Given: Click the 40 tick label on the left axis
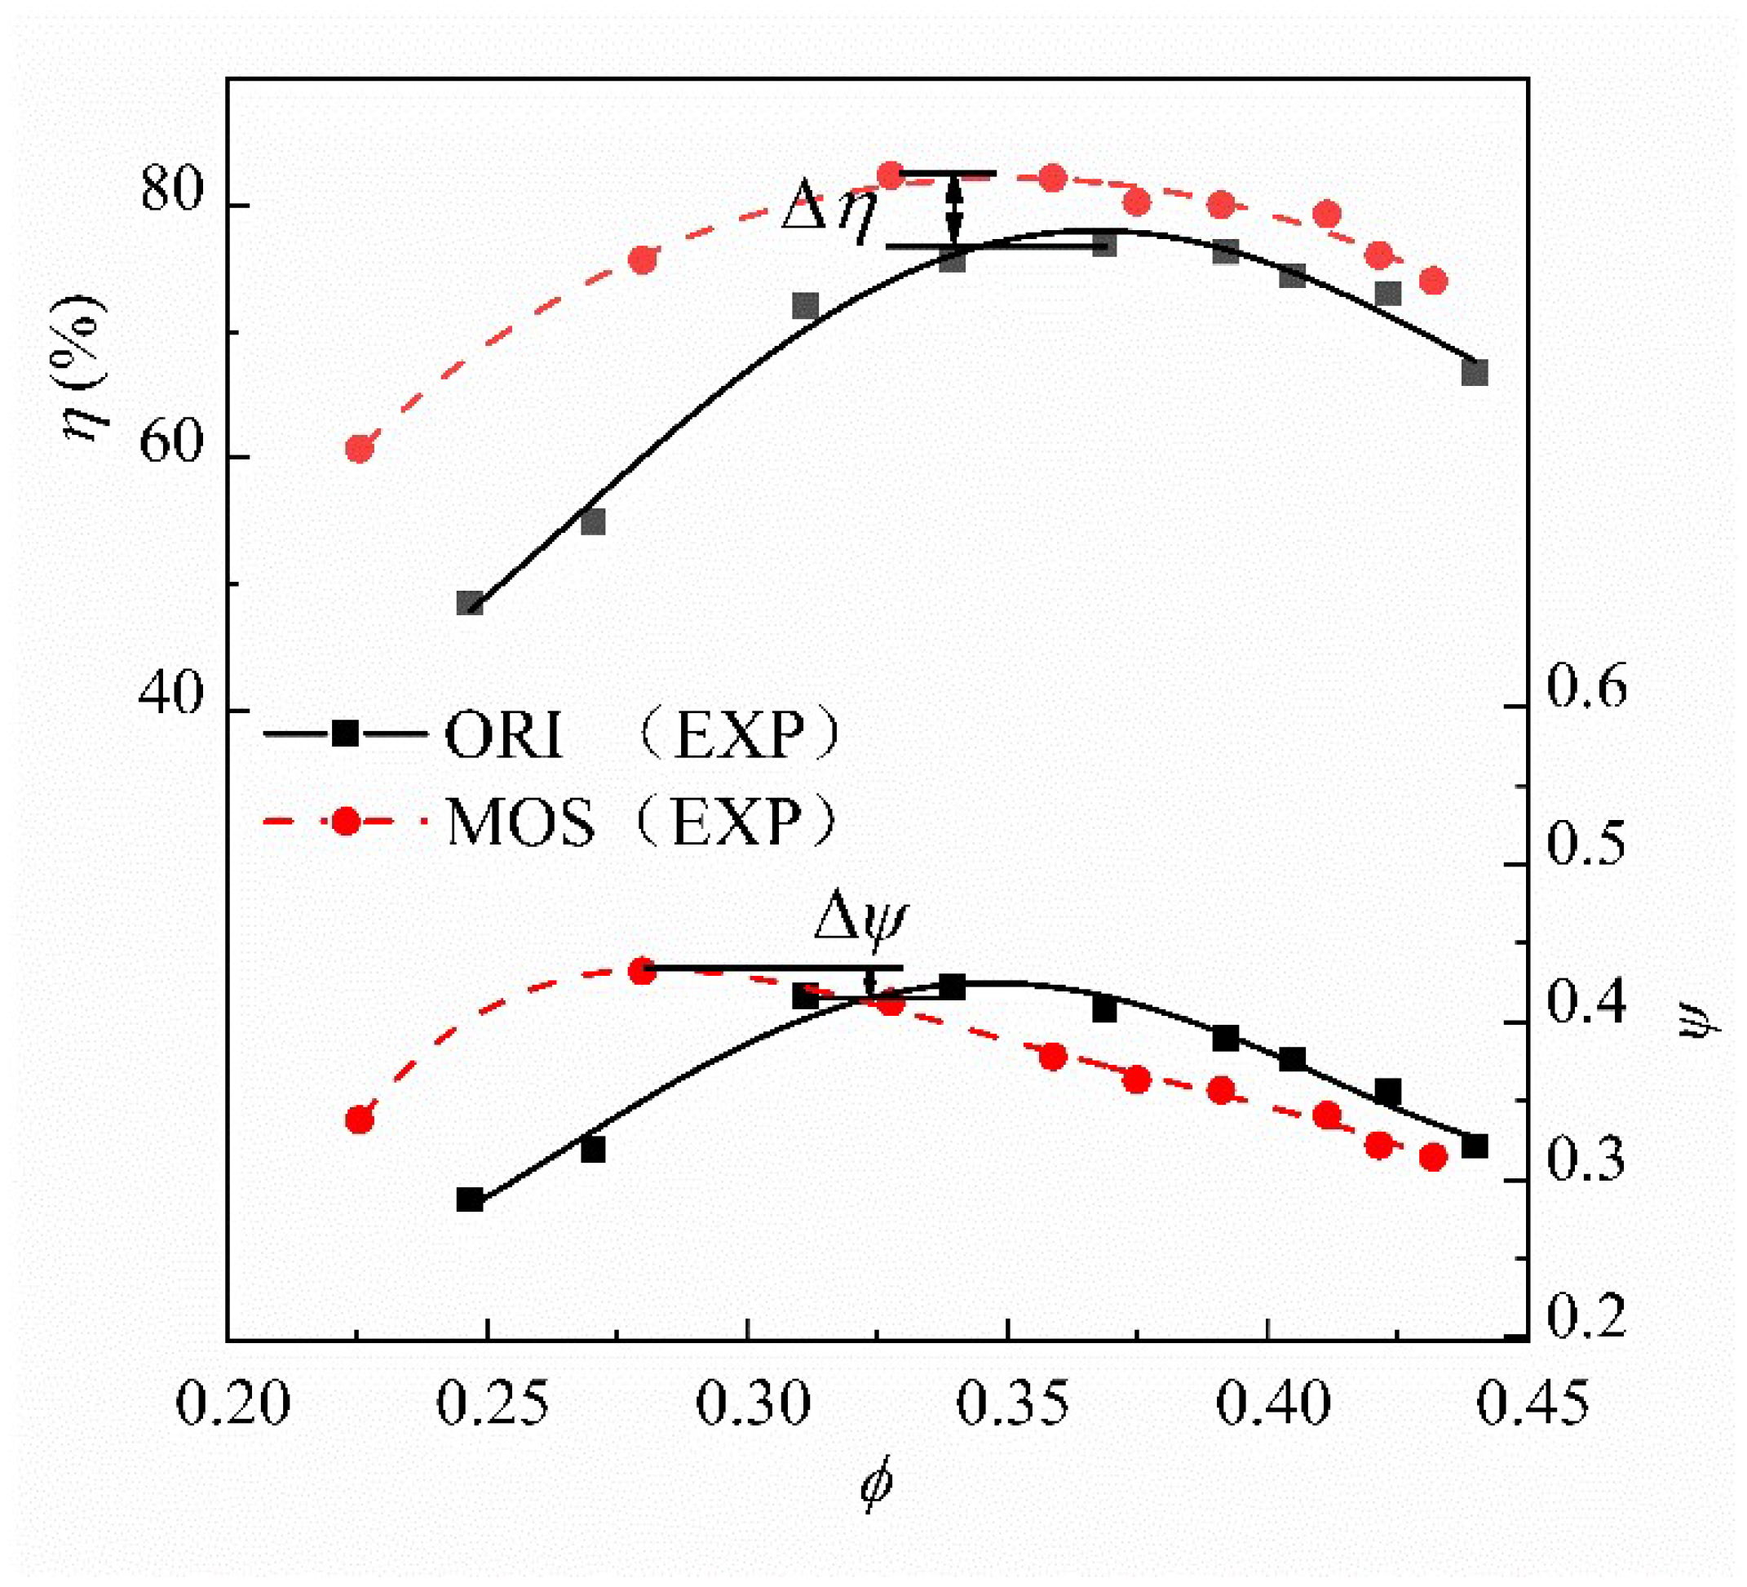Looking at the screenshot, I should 170,694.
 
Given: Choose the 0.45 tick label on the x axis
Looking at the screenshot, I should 1532,1429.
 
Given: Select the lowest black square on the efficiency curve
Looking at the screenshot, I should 470,603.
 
